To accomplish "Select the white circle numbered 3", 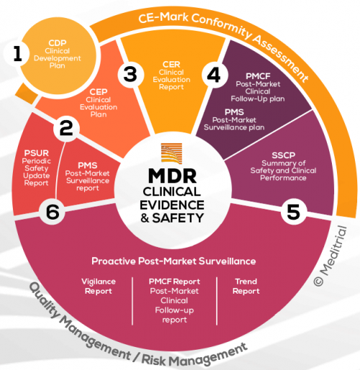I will pyautogui.click(x=130, y=73).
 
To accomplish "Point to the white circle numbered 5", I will pyautogui.click(x=292, y=212).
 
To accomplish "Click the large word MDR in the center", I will pyautogui.click(x=172, y=176).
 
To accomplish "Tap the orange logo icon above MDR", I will pyautogui.click(x=173, y=154).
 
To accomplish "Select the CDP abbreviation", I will pyautogui.click(x=58, y=42).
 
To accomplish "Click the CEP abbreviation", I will pyautogui.click(x=98, y=91).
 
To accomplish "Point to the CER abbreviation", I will pyautogui.click(x=171, y=64).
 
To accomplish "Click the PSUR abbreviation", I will pyautogui.click(x=35, y=153).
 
